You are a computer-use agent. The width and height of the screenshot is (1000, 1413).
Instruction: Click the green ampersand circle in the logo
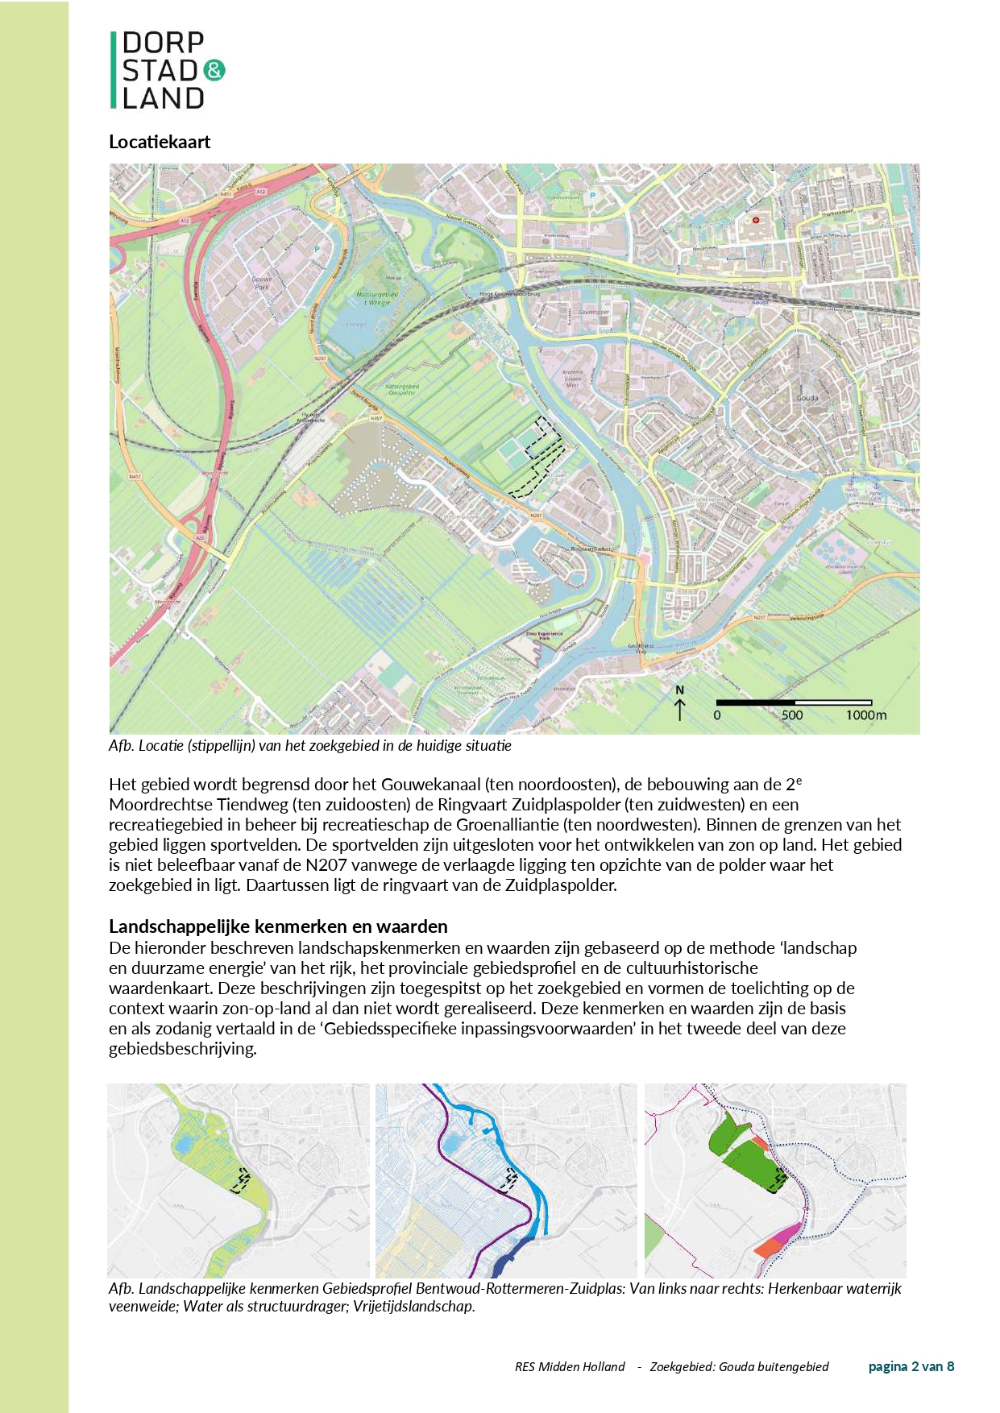(x=214, y=70)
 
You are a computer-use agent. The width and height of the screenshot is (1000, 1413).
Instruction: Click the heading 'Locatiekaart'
(x=160, y=142)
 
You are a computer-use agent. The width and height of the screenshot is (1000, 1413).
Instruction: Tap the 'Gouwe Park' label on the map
(x=262, y=283)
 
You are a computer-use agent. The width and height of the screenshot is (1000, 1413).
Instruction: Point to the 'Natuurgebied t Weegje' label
(x=377, y=298)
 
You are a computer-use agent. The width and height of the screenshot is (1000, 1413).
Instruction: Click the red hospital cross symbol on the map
(x=756, y=220)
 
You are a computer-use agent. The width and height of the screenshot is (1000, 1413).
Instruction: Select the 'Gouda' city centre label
(x=807, y=398)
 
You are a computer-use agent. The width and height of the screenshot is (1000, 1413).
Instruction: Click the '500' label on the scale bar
(x=792, y=715)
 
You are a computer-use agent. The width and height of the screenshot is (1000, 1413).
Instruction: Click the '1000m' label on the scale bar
(x=865, y=715)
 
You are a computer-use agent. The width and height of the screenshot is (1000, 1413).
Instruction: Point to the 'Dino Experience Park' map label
(x=545, y=635)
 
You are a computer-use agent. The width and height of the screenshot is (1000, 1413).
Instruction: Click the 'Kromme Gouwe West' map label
(x=572, y=379)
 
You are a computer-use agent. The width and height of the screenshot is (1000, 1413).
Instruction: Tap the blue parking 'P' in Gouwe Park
(x=317, y=249)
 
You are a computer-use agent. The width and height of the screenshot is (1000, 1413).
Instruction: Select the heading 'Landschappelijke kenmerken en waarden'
(x=278, y=926)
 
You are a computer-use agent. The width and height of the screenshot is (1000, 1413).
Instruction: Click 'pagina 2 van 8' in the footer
(x=911, y=1366)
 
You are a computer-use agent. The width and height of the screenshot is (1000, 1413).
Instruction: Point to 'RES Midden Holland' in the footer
(x=570, y=1366)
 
